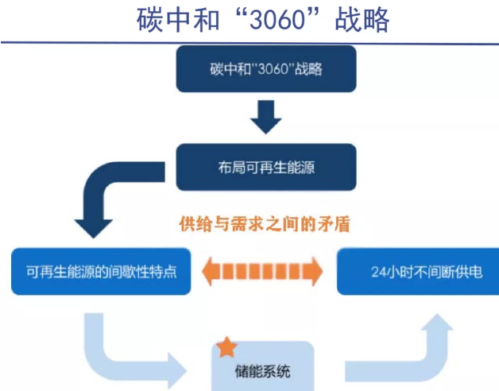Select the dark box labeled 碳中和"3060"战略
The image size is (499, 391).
(x=265, y=69)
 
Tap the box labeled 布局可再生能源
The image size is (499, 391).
(x=265, y=167)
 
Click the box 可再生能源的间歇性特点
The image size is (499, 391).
(x=101, y=272)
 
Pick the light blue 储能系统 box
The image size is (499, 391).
(x=262, y=367)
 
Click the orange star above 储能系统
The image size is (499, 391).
(x=227, y=346)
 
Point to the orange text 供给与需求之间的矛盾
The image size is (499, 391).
(x=265, y=224)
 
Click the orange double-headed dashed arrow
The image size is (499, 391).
(x=263, y=271)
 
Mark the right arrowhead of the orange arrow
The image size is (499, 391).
(x=315, y=271)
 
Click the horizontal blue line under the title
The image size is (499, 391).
(x=249, y=42)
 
